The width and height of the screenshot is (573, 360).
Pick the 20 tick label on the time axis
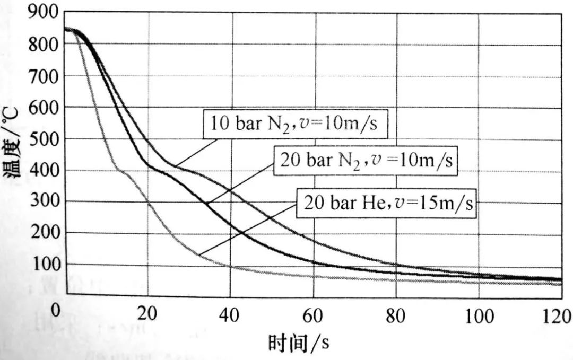(149, 315)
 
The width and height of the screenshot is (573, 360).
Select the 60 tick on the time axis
(313, 316)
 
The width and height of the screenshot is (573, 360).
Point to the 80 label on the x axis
(395, 317)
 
